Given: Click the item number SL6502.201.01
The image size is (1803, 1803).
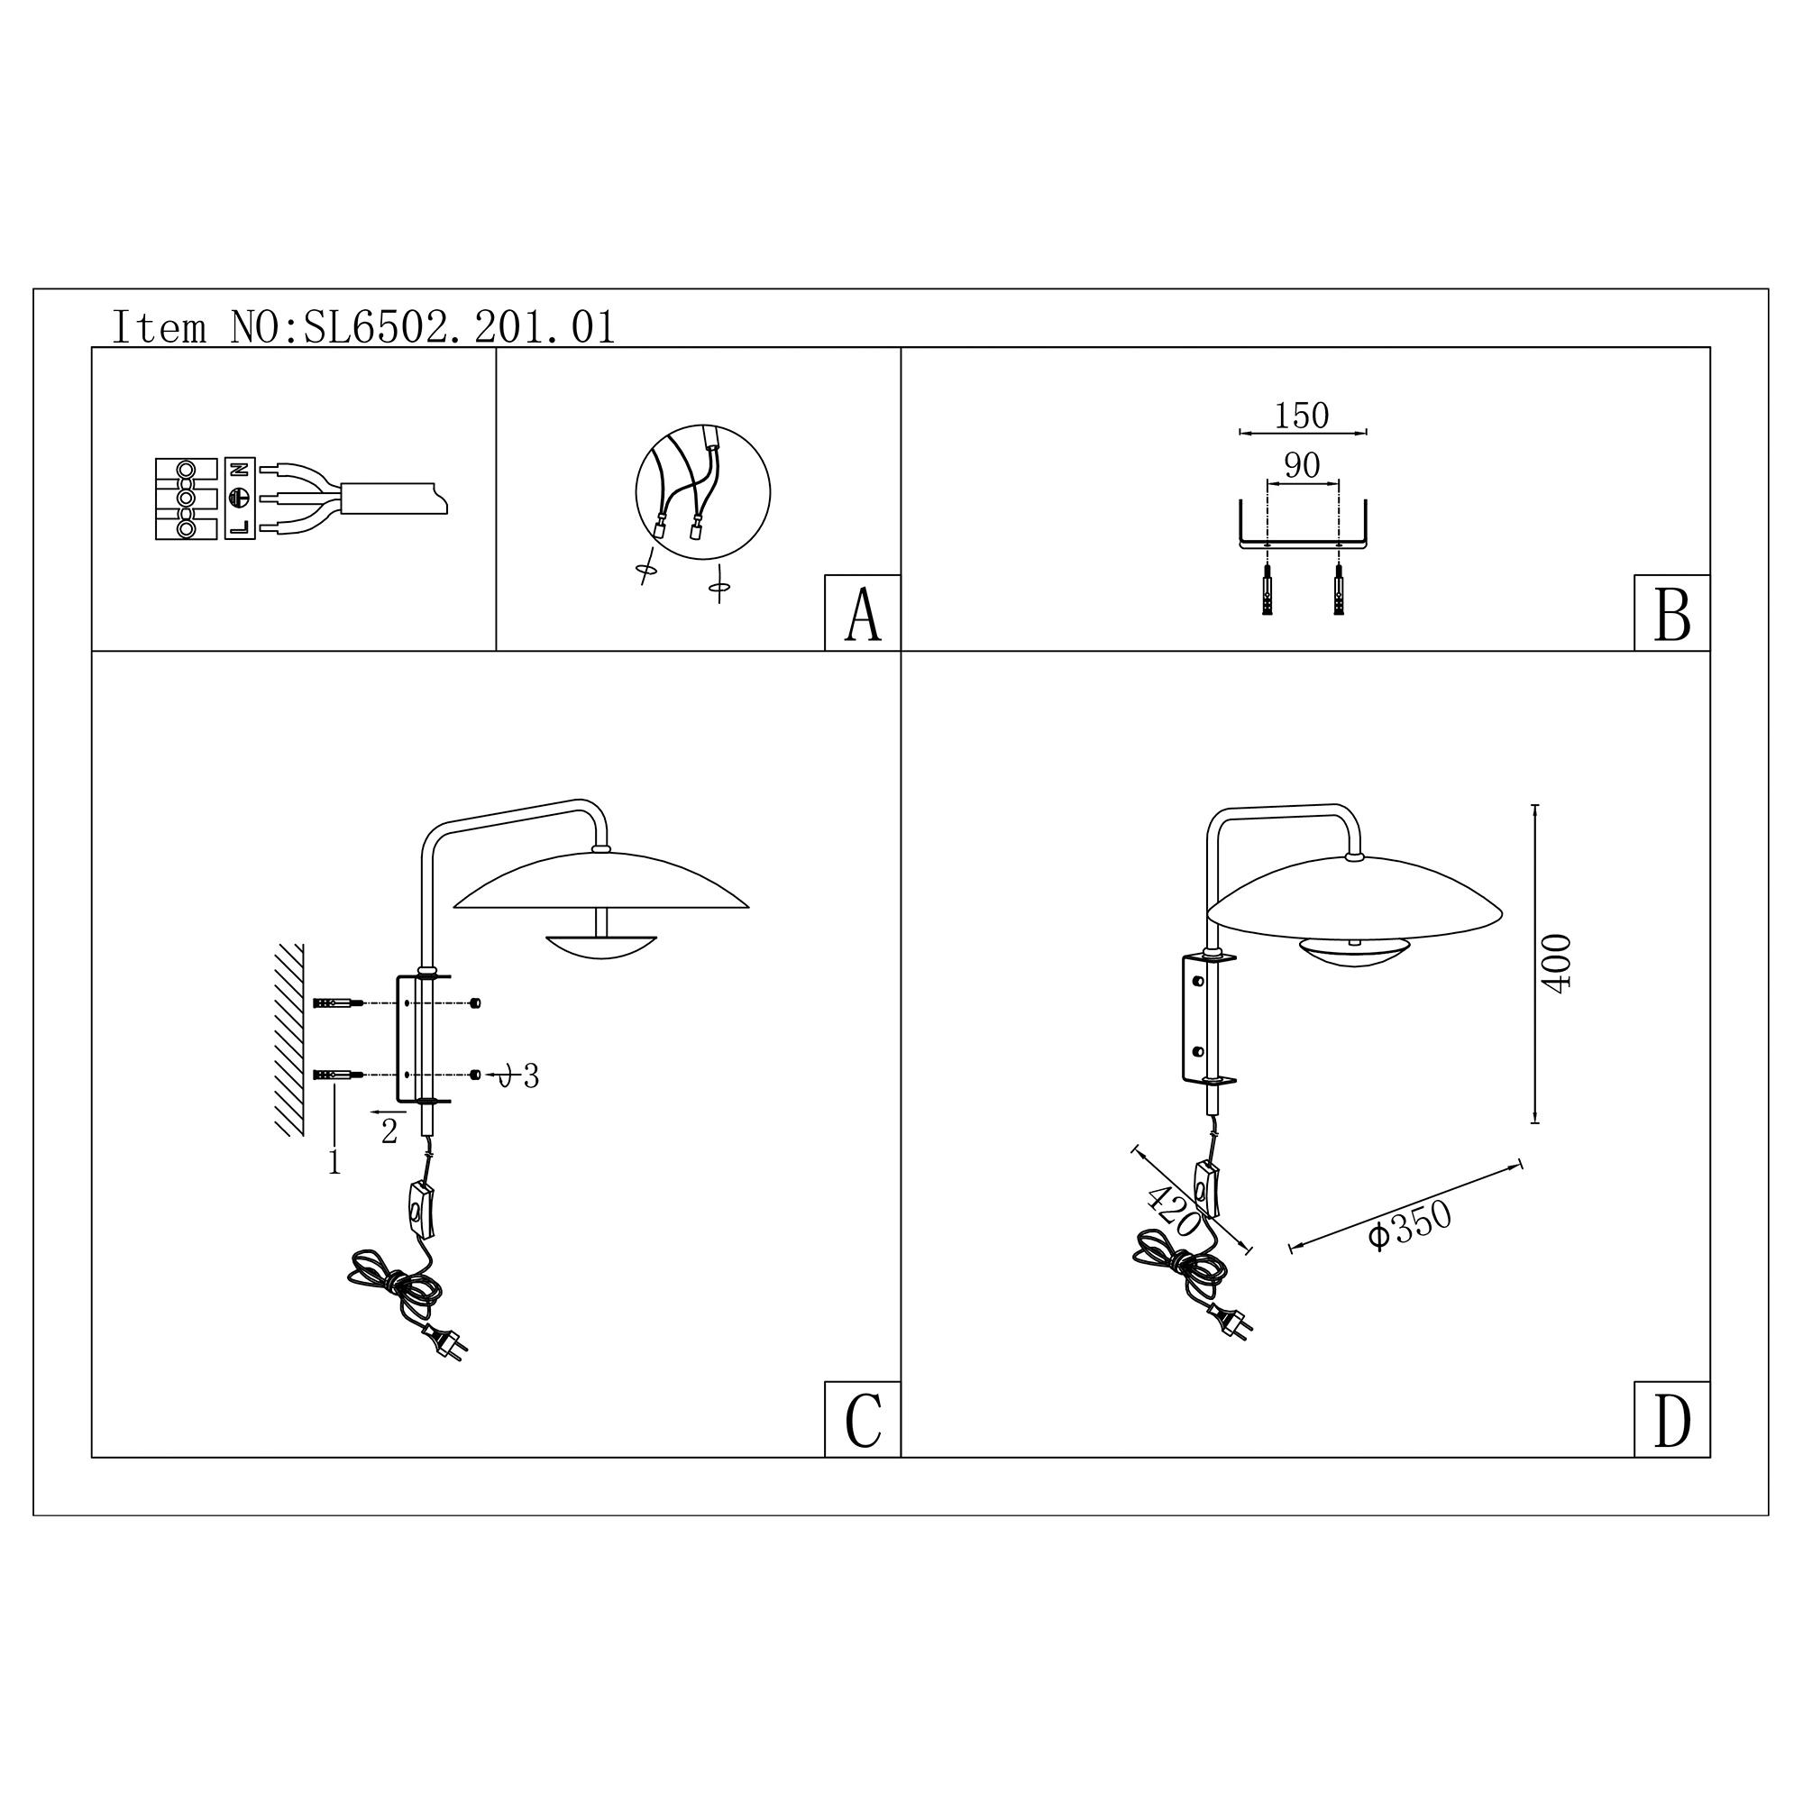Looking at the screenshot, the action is click(459, 327).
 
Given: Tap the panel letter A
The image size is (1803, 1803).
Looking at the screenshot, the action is click(863, 614).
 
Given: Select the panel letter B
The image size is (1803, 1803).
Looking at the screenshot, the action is click(1671, 614).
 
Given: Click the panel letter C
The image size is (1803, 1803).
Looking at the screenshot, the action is click(863, 1421).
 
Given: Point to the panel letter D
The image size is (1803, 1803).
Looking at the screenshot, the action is click(1671, 1421).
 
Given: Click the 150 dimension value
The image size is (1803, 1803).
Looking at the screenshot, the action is click(1302, 416).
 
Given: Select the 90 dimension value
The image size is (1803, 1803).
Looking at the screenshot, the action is click(1302, 465).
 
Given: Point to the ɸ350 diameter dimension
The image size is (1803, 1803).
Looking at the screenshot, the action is click(1410, 1223).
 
